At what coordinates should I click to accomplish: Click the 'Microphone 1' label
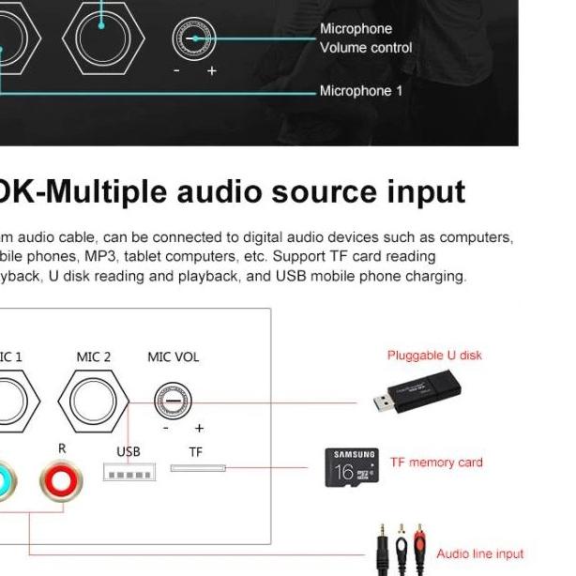[361, 91]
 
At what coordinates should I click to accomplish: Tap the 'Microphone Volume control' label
[366, 38]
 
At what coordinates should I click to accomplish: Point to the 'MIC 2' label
[94, 356]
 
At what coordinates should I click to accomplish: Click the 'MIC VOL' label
[173, 356]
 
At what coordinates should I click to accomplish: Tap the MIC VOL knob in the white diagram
[173, 402]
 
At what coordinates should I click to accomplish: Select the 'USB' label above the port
[129, 451]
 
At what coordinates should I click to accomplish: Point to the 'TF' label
[195, 451]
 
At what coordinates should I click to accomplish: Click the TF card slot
[198, 467]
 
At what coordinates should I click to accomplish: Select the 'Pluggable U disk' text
[434, 356]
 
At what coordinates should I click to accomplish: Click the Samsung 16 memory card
[353, 466]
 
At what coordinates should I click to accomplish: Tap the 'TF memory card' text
[436, 462]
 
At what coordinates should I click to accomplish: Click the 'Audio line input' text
[480, 553]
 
